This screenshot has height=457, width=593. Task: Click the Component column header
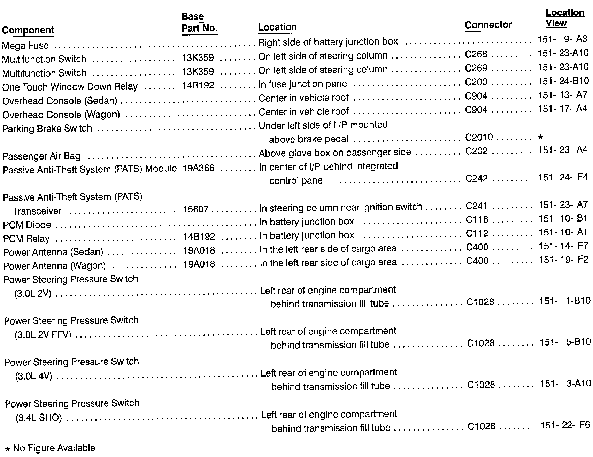28,30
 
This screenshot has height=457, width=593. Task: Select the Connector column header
488,25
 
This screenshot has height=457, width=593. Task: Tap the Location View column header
564,18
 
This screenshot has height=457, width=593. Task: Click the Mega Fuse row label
25,46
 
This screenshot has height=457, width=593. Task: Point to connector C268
476,54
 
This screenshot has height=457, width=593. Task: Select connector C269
476,68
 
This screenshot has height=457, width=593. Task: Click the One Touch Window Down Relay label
70,87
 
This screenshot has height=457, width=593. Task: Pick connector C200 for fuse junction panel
476,82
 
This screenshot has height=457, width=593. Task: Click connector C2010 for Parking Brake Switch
479,137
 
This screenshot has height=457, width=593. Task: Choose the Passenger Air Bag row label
41,156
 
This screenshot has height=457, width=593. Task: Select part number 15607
196,210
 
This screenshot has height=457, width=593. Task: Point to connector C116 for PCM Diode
477,220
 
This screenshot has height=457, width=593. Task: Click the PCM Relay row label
26,239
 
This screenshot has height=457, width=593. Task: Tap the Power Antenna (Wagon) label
54,266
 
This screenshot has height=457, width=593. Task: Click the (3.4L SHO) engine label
39,418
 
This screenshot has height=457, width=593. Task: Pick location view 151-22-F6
565,425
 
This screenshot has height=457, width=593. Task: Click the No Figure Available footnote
51,448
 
